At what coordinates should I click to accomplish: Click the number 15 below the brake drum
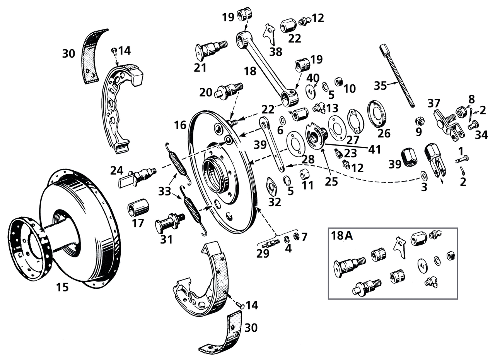click(62, 287)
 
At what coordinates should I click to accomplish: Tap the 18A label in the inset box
click(341, 236)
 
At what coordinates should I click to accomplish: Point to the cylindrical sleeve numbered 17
click(138, 207)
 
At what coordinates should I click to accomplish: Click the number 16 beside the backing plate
click(180, 125)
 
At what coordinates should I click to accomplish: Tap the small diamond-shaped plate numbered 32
click(273, 186)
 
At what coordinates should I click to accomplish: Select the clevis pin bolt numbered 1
click(462, 158)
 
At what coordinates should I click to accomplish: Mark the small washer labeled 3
click(424, 176)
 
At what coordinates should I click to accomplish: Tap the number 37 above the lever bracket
click(434, 103)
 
